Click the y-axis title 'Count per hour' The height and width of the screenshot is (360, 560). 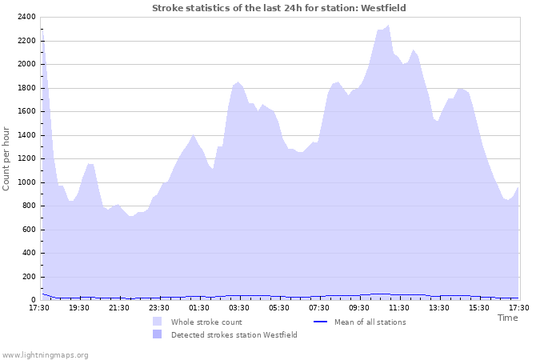coord(7,158)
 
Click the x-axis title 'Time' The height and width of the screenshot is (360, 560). coord(507,318)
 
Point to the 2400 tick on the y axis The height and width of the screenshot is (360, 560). coord(26,17)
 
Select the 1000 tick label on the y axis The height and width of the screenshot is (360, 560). coord(26,182)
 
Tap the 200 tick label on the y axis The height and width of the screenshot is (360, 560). coord(28,277)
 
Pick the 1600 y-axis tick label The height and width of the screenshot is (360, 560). coord(26,111)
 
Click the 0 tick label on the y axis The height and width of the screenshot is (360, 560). coord(33,300)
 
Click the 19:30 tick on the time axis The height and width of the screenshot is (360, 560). coord(79,307)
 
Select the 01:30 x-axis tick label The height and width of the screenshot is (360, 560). coord(199,307)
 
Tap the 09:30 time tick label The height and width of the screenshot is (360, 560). coord(359,307)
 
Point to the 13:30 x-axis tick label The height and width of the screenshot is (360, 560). coord(439,307)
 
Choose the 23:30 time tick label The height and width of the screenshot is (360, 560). coord(159,307)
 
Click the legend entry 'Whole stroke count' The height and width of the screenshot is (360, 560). coord(206,322)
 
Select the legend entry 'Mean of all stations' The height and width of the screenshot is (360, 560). coord(370,322)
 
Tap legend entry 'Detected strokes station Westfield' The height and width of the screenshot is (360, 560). coord(234,335)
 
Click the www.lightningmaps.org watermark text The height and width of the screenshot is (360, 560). coord(45,354)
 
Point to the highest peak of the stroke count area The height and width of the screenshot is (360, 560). coord(389,26)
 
